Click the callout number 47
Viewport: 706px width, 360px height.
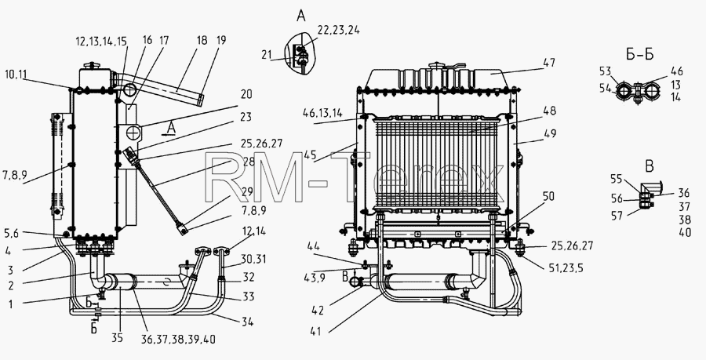pyautogui.click(x=548, y=63)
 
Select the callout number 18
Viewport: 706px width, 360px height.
pyautogui.click(x=202, y=40)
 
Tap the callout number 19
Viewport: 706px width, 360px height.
pyautogui.click(x=220, y=40)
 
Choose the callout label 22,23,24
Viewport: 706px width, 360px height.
pyautogui.click(x=339, y=30)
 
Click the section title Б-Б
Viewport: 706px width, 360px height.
pyautogui.click(x=639, y=54)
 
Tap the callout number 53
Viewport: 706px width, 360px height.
pyautogui.click(x=606, y=71)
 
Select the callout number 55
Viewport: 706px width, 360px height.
pyautogui.click(x=617, y=179)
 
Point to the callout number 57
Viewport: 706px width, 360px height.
pyautogui.click(x=617, y=216)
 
